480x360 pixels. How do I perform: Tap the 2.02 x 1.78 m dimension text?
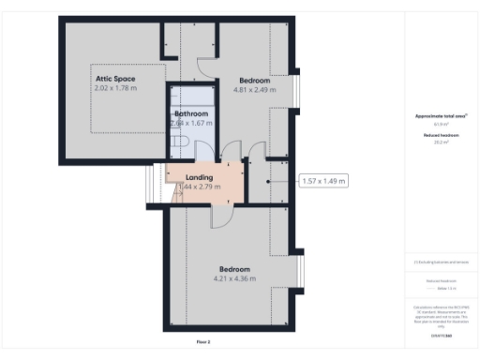tap(115, 88)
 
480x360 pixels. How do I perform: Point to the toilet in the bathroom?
tap(183, 141)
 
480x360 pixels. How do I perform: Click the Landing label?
tap(199, 176)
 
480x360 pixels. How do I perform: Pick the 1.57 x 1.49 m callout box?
tap(323, 181)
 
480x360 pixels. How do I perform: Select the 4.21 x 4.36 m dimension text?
tap(238, 278)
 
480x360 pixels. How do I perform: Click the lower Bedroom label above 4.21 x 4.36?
tap(238, 268)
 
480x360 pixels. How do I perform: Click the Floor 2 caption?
tap(203, 342)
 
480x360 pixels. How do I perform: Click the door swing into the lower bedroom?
tap(223, 215)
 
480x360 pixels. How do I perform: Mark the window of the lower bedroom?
tap(301, 273)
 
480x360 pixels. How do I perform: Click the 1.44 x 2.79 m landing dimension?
tap(199, 187)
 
